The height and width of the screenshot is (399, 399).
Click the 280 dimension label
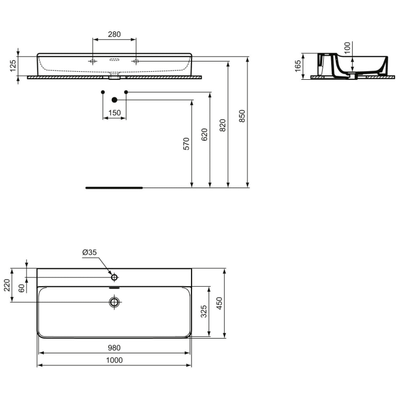click(x=114, y=34)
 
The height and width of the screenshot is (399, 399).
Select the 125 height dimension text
click(x=13, y=66)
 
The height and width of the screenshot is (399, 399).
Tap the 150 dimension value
click(x=114, y=113)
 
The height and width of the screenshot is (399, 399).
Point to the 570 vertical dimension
click(x=186, y=144)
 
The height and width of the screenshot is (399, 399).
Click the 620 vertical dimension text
click(x=204, y=135)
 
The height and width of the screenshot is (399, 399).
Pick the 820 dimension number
click(x=222, y=125)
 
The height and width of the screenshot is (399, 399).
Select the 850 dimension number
click(x=242, y=116)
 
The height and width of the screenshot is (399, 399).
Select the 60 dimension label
click(x=22, y=288)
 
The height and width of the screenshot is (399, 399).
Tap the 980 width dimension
click(x=114, y=348)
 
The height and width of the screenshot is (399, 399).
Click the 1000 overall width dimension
click(x=114, y=360)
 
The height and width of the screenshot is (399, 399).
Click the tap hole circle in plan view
click(x=115, y=277)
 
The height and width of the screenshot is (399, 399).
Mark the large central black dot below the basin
click(x=115, y=100)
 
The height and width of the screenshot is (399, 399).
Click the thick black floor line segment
click(x=114, y=187)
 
